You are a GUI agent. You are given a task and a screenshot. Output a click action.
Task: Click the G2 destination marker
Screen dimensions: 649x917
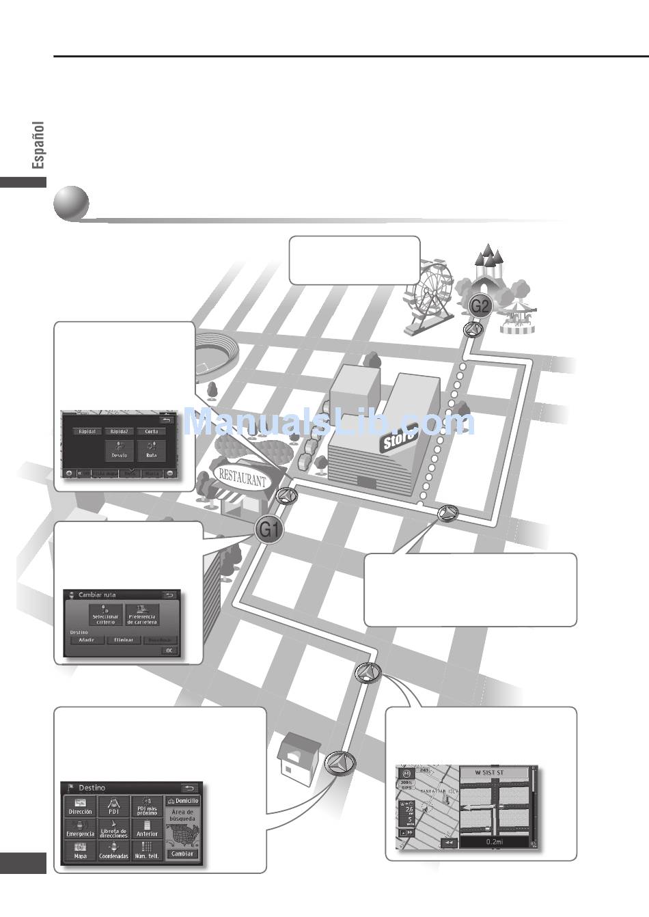(481, 305)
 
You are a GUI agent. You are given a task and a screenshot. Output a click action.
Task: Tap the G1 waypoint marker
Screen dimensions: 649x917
(269, 529)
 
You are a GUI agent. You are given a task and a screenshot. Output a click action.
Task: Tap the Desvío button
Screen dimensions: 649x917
(119, 450)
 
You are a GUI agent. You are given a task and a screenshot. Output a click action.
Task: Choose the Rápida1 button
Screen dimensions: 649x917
(87, 431)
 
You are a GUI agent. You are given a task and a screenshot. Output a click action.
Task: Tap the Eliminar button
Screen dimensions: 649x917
(124, 640)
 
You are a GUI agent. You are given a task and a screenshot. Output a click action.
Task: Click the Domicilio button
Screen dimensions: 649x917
(182, 800)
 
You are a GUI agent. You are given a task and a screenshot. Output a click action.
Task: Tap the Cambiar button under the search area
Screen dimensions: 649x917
(182, 853)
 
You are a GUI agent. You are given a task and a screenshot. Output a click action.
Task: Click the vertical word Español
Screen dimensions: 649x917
(38, 145)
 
